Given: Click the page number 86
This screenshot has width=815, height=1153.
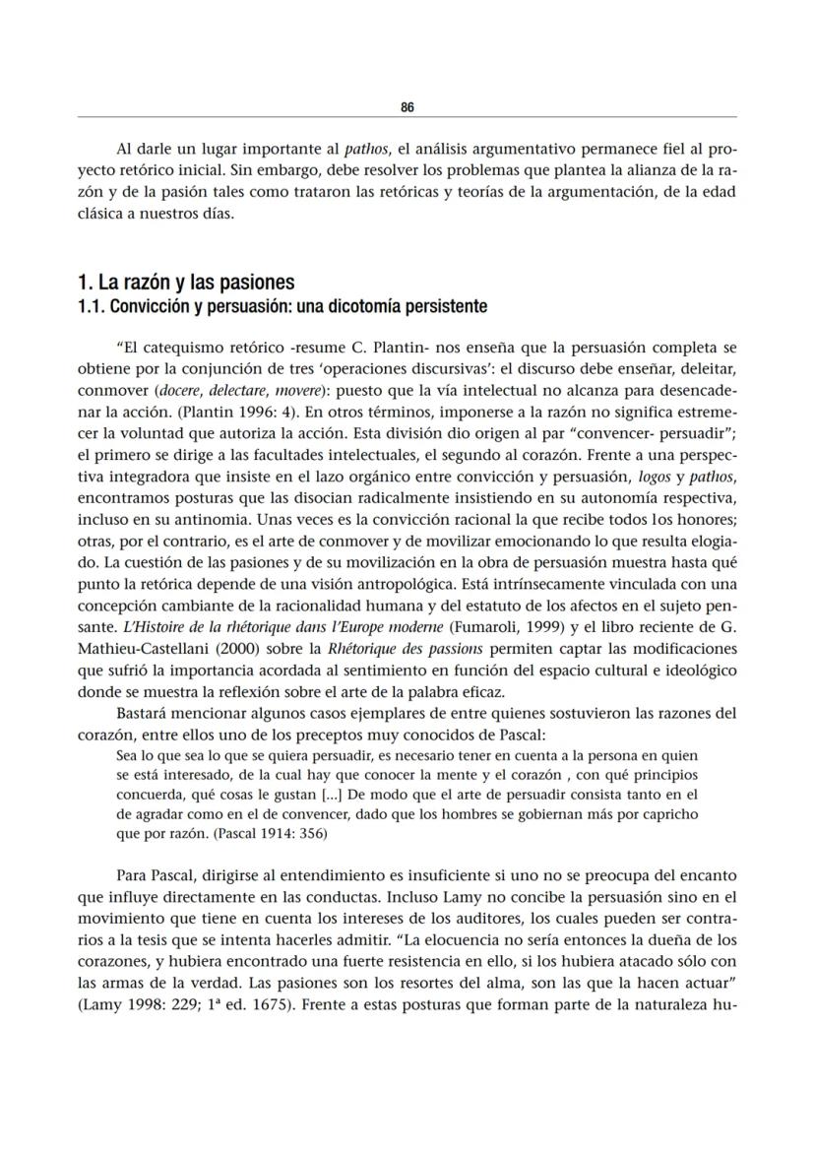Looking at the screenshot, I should click(407, 107).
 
